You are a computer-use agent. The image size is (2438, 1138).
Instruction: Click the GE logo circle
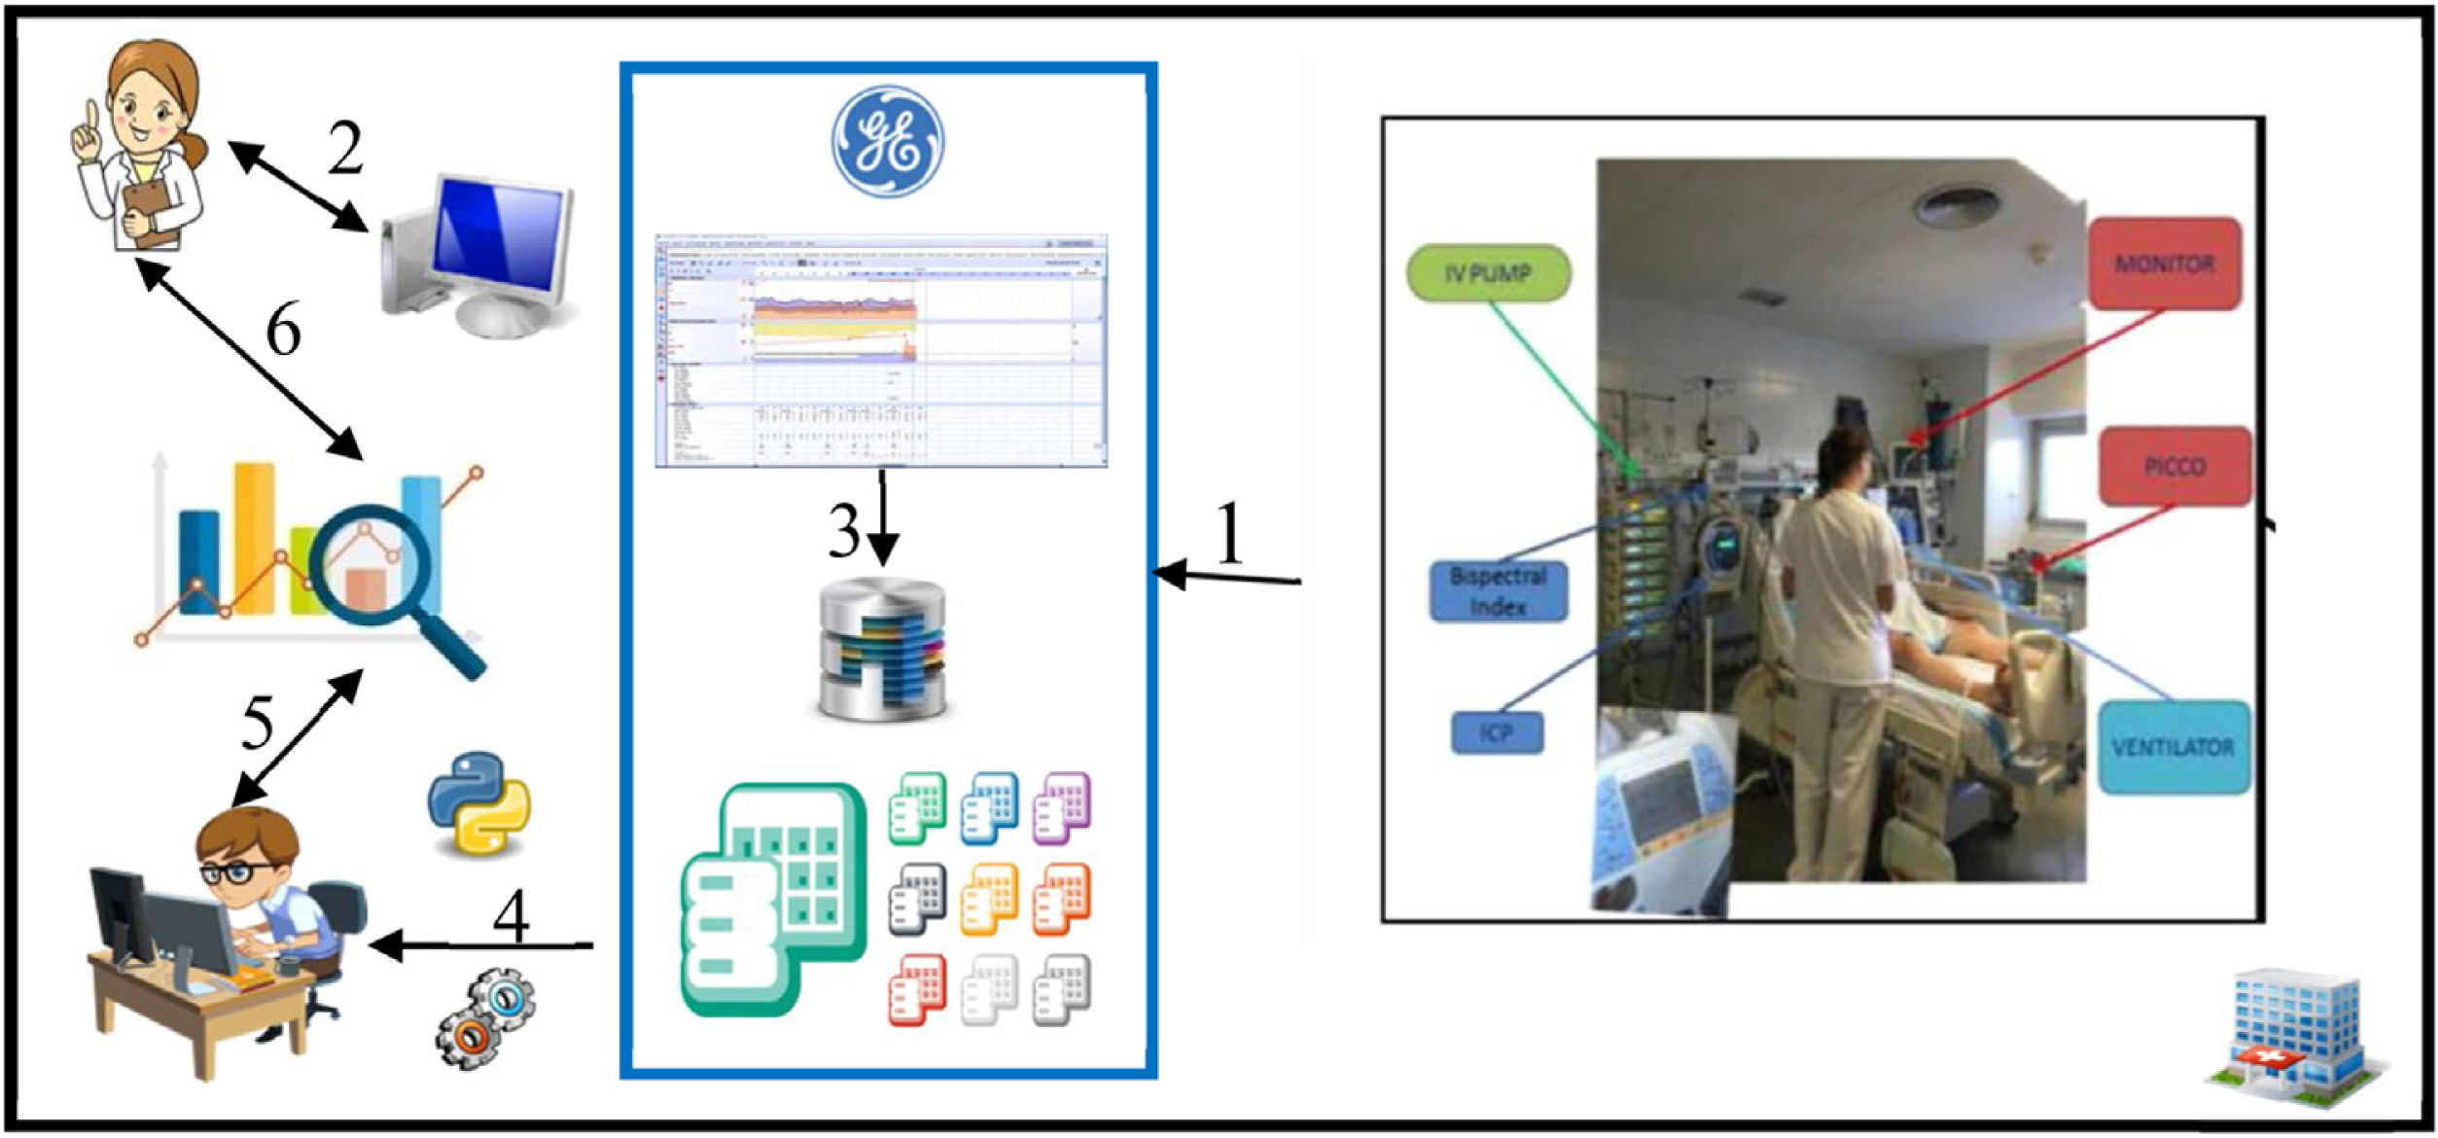coord(888,142)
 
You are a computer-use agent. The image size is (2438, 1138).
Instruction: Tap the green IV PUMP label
coord(1488,273)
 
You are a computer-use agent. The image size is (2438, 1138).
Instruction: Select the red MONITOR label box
coord(2165,264)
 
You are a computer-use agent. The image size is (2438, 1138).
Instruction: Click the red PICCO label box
coord(2174,467)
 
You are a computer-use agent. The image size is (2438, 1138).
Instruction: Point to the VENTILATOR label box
coord(2173,747)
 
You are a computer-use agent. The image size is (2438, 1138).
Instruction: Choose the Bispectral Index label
coord(1498,590)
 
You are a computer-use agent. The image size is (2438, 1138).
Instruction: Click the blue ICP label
coord(1497,732)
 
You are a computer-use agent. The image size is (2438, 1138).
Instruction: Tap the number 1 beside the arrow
coord(1230,533)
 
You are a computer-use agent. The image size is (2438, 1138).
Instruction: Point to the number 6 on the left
coord(283,331)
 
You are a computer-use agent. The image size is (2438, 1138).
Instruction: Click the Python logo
coord(479,802)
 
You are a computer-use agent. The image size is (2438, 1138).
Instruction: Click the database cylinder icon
coord(883,649)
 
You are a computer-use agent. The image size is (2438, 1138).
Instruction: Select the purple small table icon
coord(1061,806)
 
